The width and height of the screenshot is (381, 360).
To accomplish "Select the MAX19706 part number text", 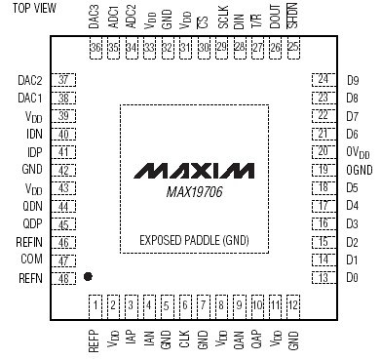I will click(190, 190).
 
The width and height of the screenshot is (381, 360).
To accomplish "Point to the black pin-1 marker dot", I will click(89, 278).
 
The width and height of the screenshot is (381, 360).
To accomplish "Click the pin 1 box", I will click(95, 307).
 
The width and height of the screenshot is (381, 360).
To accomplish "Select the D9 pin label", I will click(353, 79).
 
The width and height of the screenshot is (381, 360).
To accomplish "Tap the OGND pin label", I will click(357, 170).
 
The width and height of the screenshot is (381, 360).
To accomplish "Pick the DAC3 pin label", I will click(95, 17).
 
